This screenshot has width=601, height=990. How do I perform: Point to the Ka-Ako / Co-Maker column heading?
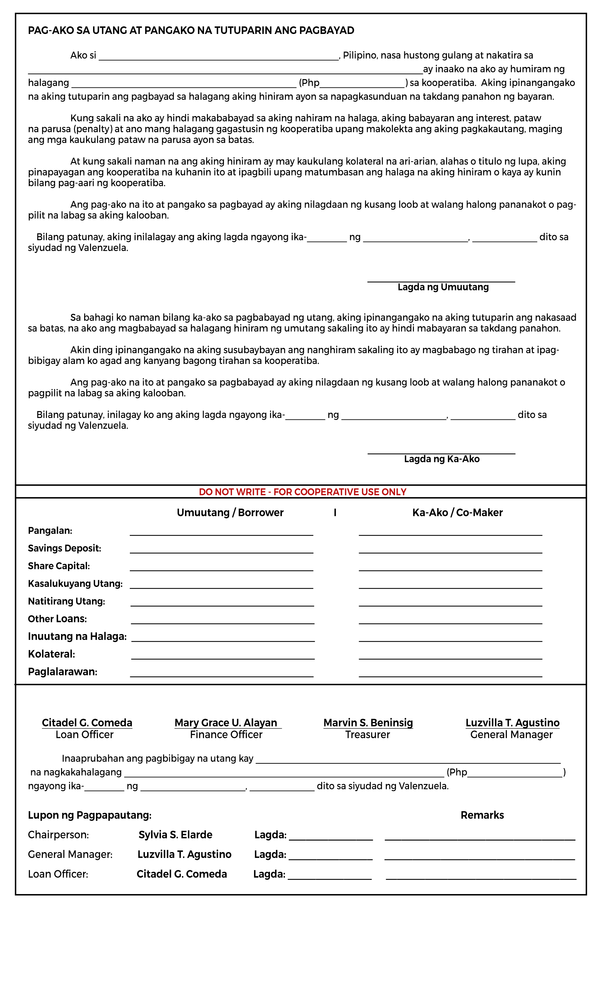pos(457,513)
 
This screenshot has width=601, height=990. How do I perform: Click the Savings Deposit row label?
pos(64,549)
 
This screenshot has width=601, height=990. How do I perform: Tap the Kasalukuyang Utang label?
pos(75,584)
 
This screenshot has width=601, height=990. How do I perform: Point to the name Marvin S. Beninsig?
pos(368,723)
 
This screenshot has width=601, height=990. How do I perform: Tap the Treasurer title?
pos(368,735)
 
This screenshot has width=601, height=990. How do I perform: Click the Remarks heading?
pos(482,815)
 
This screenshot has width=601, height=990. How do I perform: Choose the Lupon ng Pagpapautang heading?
pos(90,815)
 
